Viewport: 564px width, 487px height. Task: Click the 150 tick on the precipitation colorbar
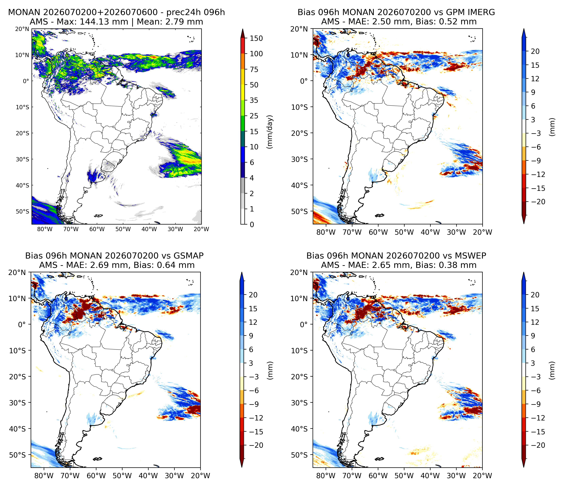tap(256, 38)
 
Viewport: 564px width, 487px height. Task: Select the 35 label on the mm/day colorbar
tap(254, 100)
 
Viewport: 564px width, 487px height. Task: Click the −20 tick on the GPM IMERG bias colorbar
tap(537, 202)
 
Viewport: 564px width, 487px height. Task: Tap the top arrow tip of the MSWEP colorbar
tap(524, 272)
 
